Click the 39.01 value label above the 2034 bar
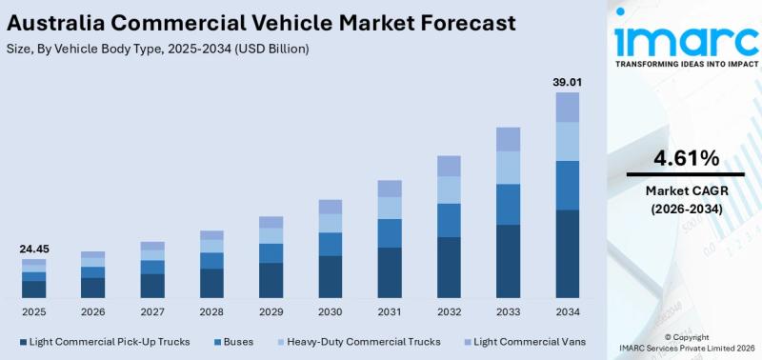[x=567, y=83]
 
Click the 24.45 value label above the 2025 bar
[x=34, y=249]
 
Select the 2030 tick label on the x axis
[x=330, y=311]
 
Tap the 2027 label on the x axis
[x=152, y=311]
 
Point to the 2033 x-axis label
[x=508, y=311]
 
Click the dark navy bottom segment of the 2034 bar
[x=567, y=253]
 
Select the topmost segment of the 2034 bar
[x=567, y=107]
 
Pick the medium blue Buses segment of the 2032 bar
[x=449, y=220]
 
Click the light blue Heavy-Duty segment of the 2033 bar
[x=508, y=168]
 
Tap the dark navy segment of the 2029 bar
[x=271, y=280]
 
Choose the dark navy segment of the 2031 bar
[x=390, y=272]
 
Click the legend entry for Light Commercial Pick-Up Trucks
[x=105, y=341]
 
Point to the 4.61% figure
[x=686, y=157]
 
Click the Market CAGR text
[x=686, y=190]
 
